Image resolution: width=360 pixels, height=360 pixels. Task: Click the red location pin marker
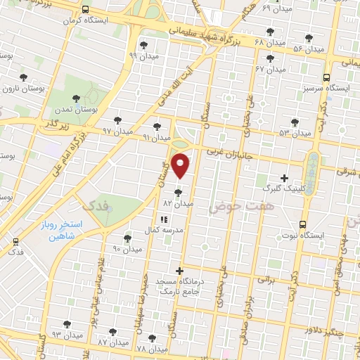click(x=181, y=166)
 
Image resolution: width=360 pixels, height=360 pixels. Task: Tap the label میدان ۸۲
click(x=178, y=202)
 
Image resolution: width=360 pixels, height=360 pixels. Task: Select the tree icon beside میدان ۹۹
click(x=143, y=46)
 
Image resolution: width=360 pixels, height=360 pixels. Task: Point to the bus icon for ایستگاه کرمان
click(x=85, y=10)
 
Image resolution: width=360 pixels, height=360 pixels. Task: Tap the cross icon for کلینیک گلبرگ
click(x=284, y=178)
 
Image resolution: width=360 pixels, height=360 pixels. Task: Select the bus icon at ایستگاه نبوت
click(x=302, y=225)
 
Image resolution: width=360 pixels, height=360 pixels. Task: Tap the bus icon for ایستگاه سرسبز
click(x=326, y=79)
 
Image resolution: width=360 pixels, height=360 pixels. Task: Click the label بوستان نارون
click(x=18, y=89)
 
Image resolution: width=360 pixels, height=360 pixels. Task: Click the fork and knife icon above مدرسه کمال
click(x=164, y=219)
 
